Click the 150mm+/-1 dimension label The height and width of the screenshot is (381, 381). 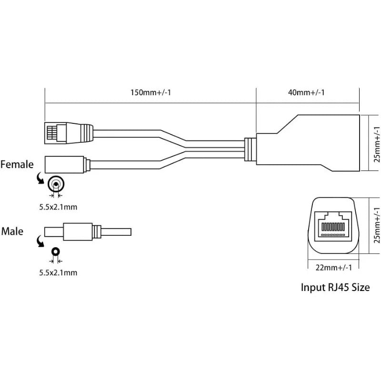(150, 92)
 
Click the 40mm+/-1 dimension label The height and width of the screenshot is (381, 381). (307, 92)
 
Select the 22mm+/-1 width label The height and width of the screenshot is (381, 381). (333, 268)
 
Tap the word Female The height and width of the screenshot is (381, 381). (17, 165)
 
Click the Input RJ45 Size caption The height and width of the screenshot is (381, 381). (335, 287)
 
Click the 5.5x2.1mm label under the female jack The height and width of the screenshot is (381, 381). (57, 207)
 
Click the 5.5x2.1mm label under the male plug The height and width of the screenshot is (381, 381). (57, 273)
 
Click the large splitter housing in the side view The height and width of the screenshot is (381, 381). (310, 143)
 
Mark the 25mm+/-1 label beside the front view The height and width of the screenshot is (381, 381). (376, 226)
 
